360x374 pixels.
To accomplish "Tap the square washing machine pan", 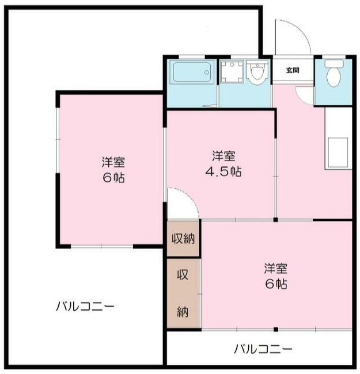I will click(232, 73).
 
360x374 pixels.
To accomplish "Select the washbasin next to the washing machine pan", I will click(257, 73).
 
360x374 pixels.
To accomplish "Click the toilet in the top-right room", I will click(332, 74).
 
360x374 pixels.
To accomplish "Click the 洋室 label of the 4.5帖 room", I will click(224, 156).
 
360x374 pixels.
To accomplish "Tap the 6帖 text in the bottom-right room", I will click(276, 284).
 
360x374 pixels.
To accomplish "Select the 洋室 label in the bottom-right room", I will click(276, 268).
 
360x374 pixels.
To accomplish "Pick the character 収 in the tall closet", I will click(183, 275).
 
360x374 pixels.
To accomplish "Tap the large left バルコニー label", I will click(85, 306).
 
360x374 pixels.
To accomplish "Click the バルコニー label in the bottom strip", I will click(263, 349).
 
